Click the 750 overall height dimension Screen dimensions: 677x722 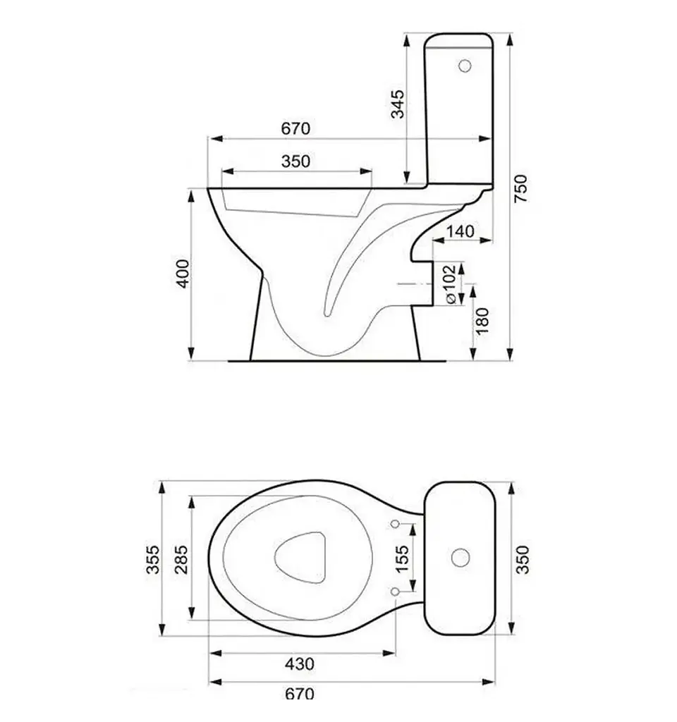pyautogui.click(x=520, y=188)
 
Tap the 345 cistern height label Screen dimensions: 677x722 pyautogui.click(x=398, y=104)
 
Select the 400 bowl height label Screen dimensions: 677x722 pyautogui.click(x=183, y=274)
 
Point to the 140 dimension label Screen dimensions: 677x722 pyautogui.click(x=460, y=231)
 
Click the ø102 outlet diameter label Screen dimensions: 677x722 pyautogui.click(x=450, y=283)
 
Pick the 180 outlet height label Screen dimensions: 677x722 pyautogui.click(x=482, y=321)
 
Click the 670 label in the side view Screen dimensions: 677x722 pyautogui.click(x=295, y=128)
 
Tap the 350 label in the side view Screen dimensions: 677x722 pyautogui.click(x=295, y=161)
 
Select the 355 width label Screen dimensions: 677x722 pyautogui.click(x=152, y=559)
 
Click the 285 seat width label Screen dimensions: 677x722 pyautogui.click(x=183, y=559)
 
